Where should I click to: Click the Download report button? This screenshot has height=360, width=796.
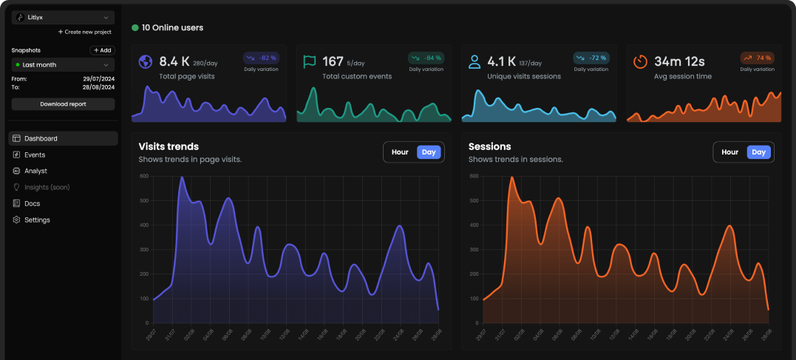pyautogui.click(x=63, y=104)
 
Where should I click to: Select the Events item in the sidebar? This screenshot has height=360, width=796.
pyautogui.click(x=34, y=154)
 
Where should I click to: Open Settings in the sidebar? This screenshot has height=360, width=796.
pyautogui.click(x=37, y=220)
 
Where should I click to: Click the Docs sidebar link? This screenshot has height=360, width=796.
pyautogui.click(x=32, y=203)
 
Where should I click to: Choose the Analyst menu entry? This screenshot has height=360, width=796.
pyautogui.click(x=35, y=171)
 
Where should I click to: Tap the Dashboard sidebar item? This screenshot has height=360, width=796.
pyautogui.click(x=41, y=138)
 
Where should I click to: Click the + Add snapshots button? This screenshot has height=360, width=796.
pyautogui.click(x=102, y=50)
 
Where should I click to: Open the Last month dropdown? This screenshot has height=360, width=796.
pyautogui.click(x=63, y=65)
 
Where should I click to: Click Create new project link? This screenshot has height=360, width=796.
pyautogui.click(x=85, y=32)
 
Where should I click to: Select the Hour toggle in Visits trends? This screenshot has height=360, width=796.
pyautogui.click(x=400, y=152)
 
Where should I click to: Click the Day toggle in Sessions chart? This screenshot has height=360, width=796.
pyautogui.click(x=758, y=152)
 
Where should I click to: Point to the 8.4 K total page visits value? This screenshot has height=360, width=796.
pyautogui.click(x=174, y=61)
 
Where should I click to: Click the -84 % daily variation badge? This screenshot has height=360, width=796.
pyautogui.click(x=426, y=58)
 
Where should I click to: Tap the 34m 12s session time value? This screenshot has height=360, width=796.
pyautogui.click(x=679, y=61)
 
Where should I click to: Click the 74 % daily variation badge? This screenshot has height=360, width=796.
pyautogui.click(x=758, y=58)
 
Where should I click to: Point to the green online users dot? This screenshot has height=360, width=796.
pyautogui.click(x=135, y=27)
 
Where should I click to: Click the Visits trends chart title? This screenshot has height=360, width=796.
pyautogui.click(x=169, y=146)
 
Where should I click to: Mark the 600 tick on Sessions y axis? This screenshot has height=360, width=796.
pyautogui.click(x=473, y=176)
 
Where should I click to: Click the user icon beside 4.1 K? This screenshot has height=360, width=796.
pyautogui.click(x=474, y=62)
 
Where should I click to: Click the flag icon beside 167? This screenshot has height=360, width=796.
pyautogui.click(x=310, y=62)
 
